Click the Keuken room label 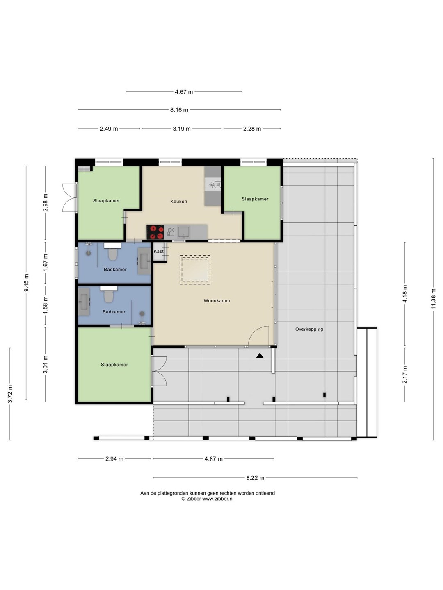[x=178, y=201]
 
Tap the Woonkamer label [x=217, y=300]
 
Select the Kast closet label [x=158, y=251]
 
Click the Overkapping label [x=309, y=329]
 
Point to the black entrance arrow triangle [x=260, y=356]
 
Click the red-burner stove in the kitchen [x=155, y=232]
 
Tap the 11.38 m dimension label [x=433, y=299]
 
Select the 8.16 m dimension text [x=179, y=110]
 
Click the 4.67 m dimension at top [x=184, y=92]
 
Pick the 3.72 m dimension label [x=10, y=394]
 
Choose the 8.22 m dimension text [x=255, y=478]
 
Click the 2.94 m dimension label [x=114, y=459]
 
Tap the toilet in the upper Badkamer [x=113, y=254]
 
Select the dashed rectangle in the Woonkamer [x=195, y=270]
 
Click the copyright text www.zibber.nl [x=218, y=499]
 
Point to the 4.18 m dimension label [x=405, y=293]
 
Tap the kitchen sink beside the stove [x=184, y=232]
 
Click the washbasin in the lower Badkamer [x=84, y=302]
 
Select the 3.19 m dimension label [x=182, y=129]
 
